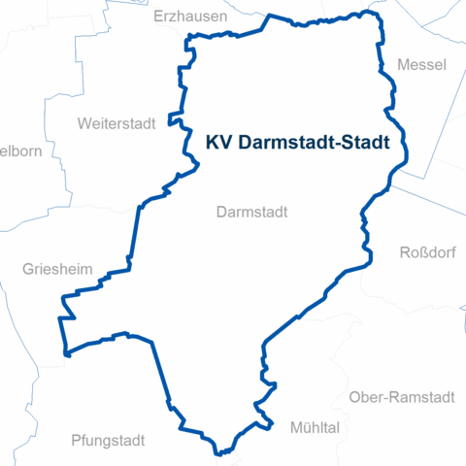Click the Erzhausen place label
click(190, 17)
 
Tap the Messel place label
click(421, 65)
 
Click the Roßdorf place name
click(427, 253)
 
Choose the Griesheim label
click(56, 268)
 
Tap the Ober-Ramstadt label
click(401, 397)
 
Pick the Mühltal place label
click(314, 427)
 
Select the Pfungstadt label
click(108, 440)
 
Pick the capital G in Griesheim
click(28, 268)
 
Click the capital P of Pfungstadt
click(76, 440)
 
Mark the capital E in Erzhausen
click(159, 17)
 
